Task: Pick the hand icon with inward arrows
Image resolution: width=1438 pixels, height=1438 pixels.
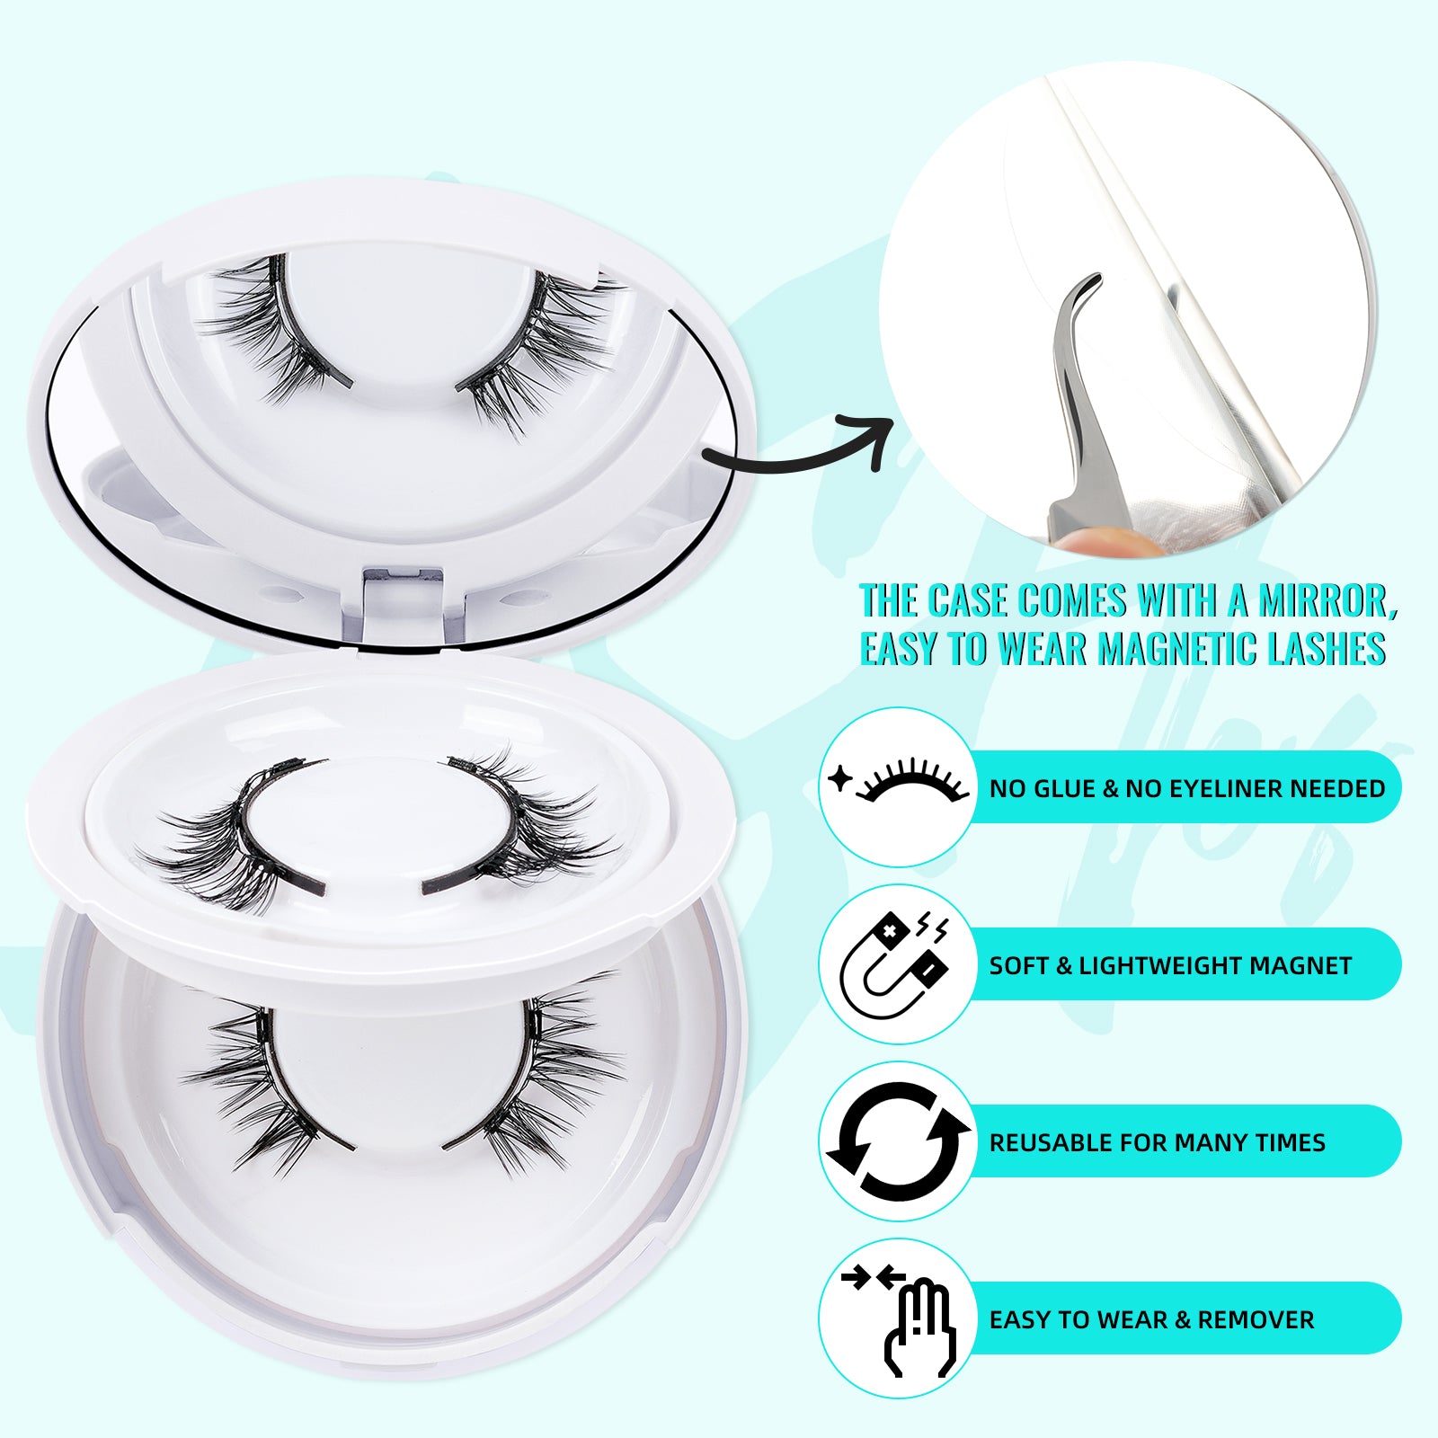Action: click(x=899, y=1318)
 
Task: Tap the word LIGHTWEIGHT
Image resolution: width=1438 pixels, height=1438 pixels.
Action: click(x=1156, y=965)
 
